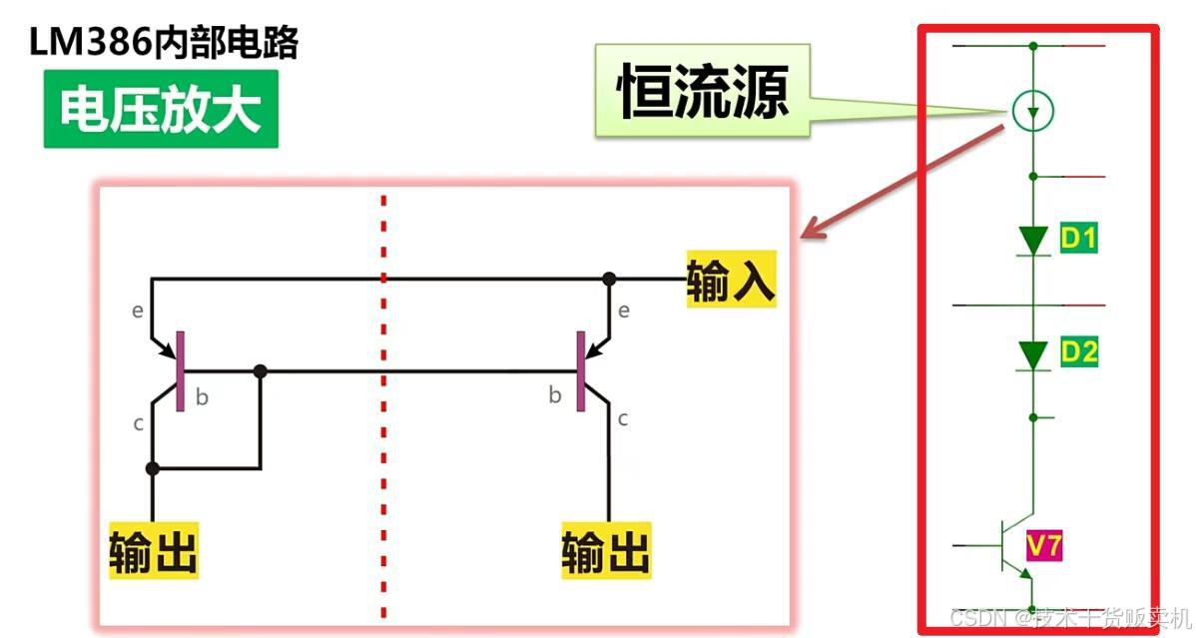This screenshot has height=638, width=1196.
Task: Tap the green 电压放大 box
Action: [x=161, y=111]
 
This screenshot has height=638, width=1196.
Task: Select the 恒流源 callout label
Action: [x=703, y=93]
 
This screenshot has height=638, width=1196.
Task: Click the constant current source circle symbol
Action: [x=1032, y=111]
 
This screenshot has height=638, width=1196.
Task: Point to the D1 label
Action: [x=1078, y=239]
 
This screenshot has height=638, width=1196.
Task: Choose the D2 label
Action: [x=1078, y=351]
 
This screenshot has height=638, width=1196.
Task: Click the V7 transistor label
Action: [x=1045, y=545]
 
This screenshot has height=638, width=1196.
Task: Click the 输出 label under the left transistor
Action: [x=153, y=550]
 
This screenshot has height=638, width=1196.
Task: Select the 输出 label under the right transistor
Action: [x=605, y=550]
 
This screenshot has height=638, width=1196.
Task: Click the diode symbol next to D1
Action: [x=1033, y=241]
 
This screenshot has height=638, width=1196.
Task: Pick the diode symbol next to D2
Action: [x=1033, y=354]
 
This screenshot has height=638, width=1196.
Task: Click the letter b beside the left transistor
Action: [x=202, y=397]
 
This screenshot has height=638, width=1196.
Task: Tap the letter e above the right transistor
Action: [x=624, y=311]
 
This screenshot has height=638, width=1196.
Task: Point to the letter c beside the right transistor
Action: [x=623, y=418]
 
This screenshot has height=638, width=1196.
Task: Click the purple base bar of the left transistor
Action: [x=180, y=371]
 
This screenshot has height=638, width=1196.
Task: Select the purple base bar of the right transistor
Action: [x=580, y=371]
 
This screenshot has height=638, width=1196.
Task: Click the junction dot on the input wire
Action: [x=609, y=279]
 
